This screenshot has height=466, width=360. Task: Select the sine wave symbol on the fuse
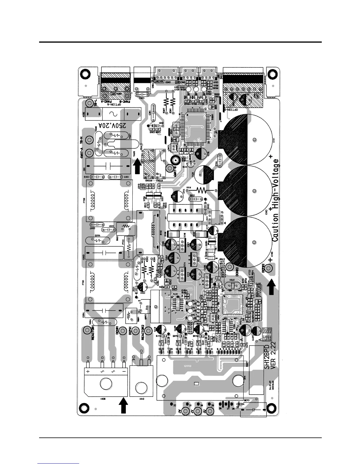112,114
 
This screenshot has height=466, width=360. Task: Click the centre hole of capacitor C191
254,140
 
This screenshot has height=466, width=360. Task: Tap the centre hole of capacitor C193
254,242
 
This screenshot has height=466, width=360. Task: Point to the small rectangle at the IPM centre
196,384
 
